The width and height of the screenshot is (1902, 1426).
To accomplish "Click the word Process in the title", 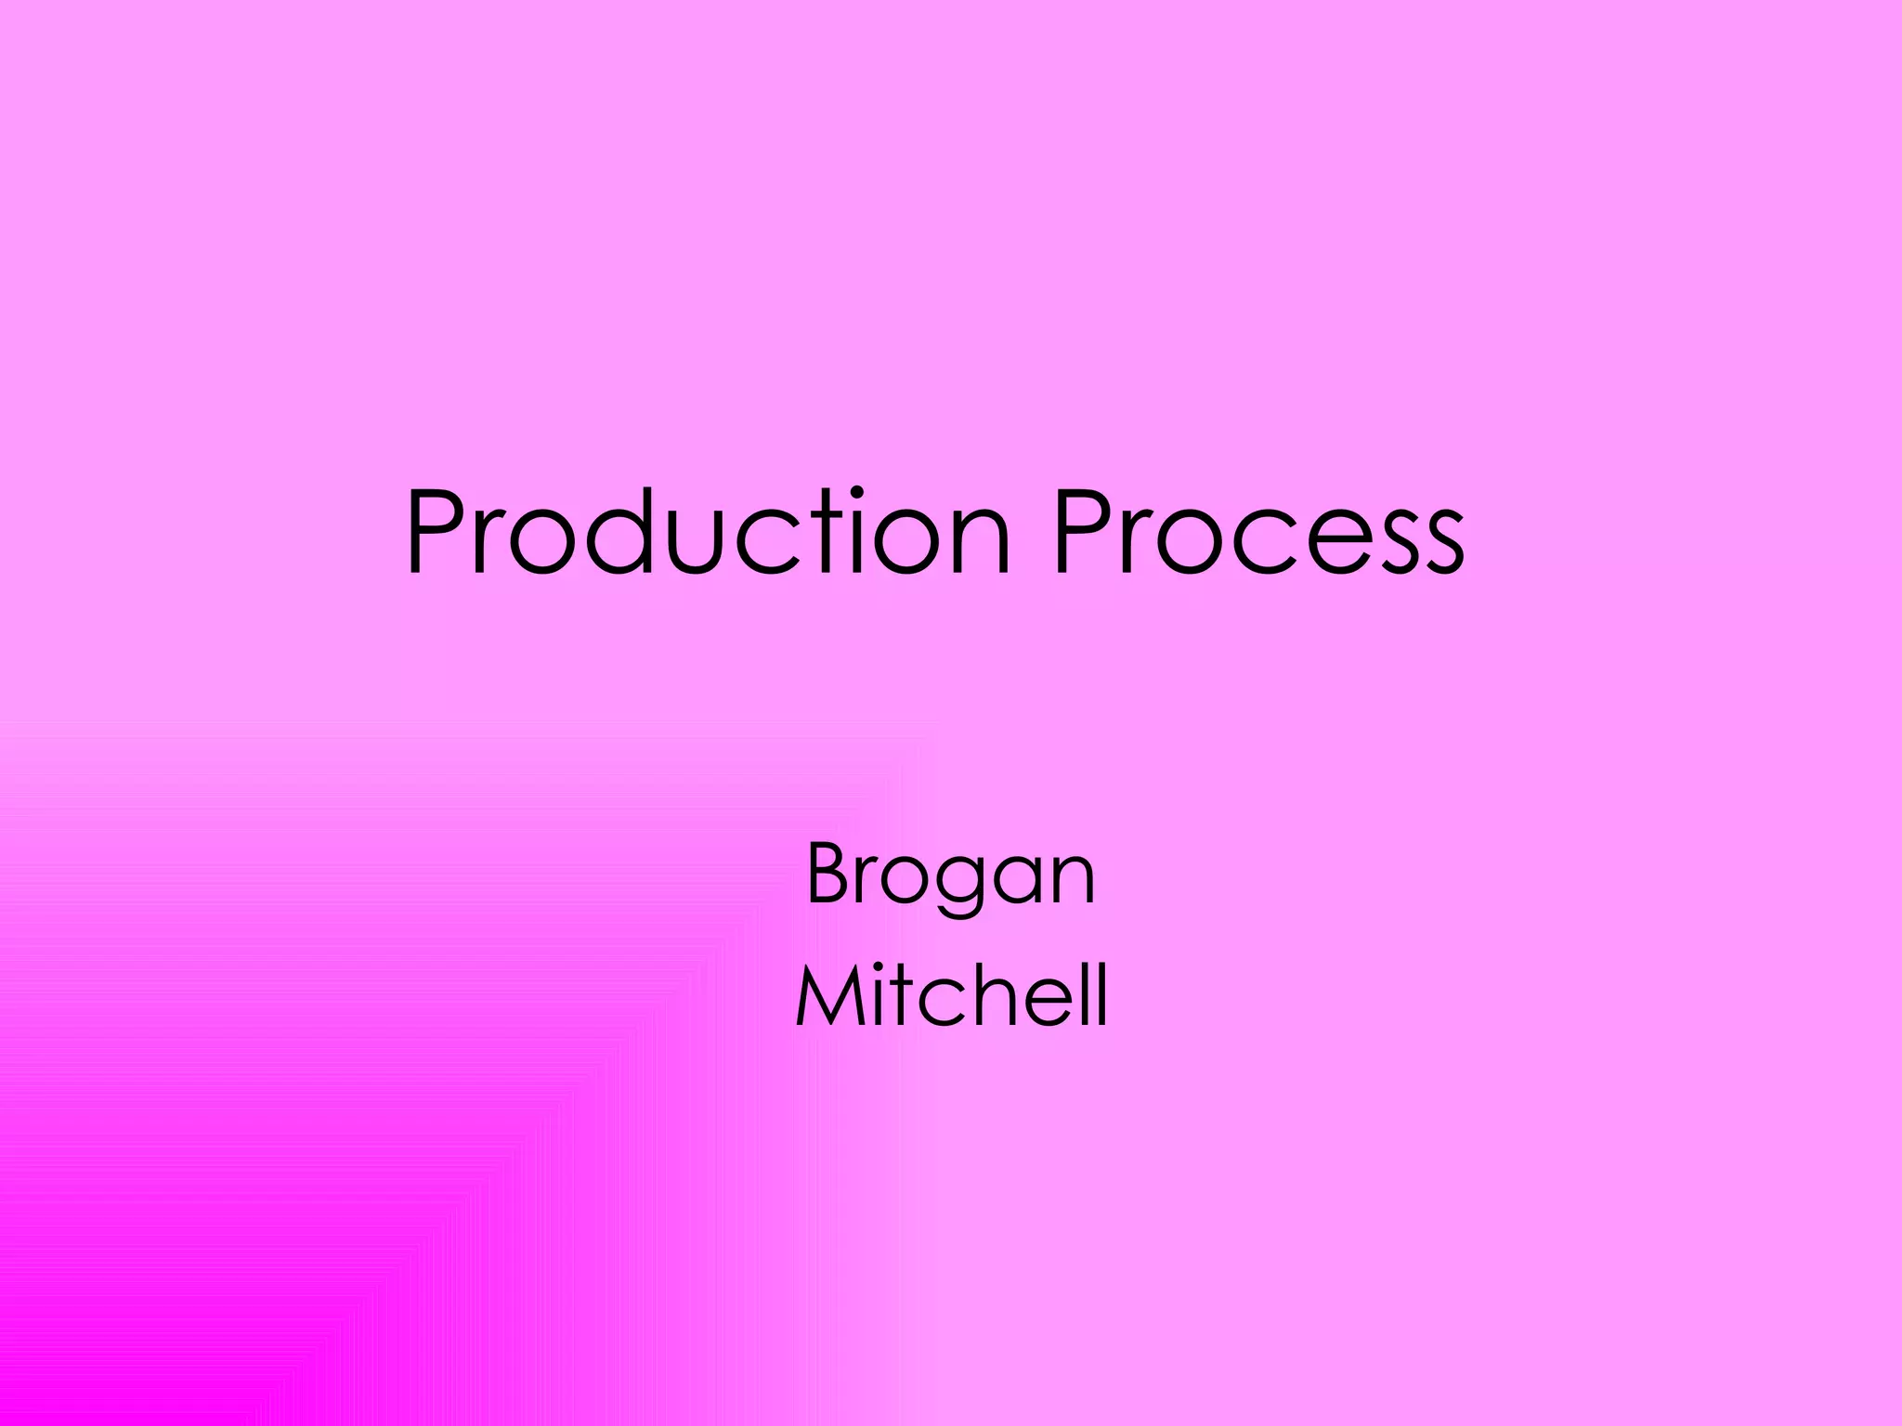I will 1258,535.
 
